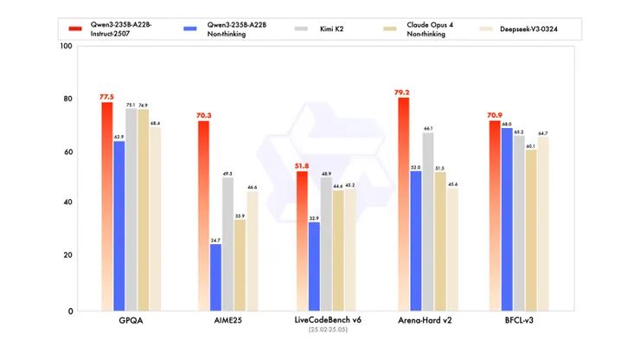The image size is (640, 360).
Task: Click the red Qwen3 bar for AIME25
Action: [203, 216]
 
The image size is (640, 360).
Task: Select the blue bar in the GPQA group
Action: [119, 225]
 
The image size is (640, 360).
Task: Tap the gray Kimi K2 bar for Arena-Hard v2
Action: [427, 221]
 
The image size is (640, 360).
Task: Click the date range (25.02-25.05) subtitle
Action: [321, 330]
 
